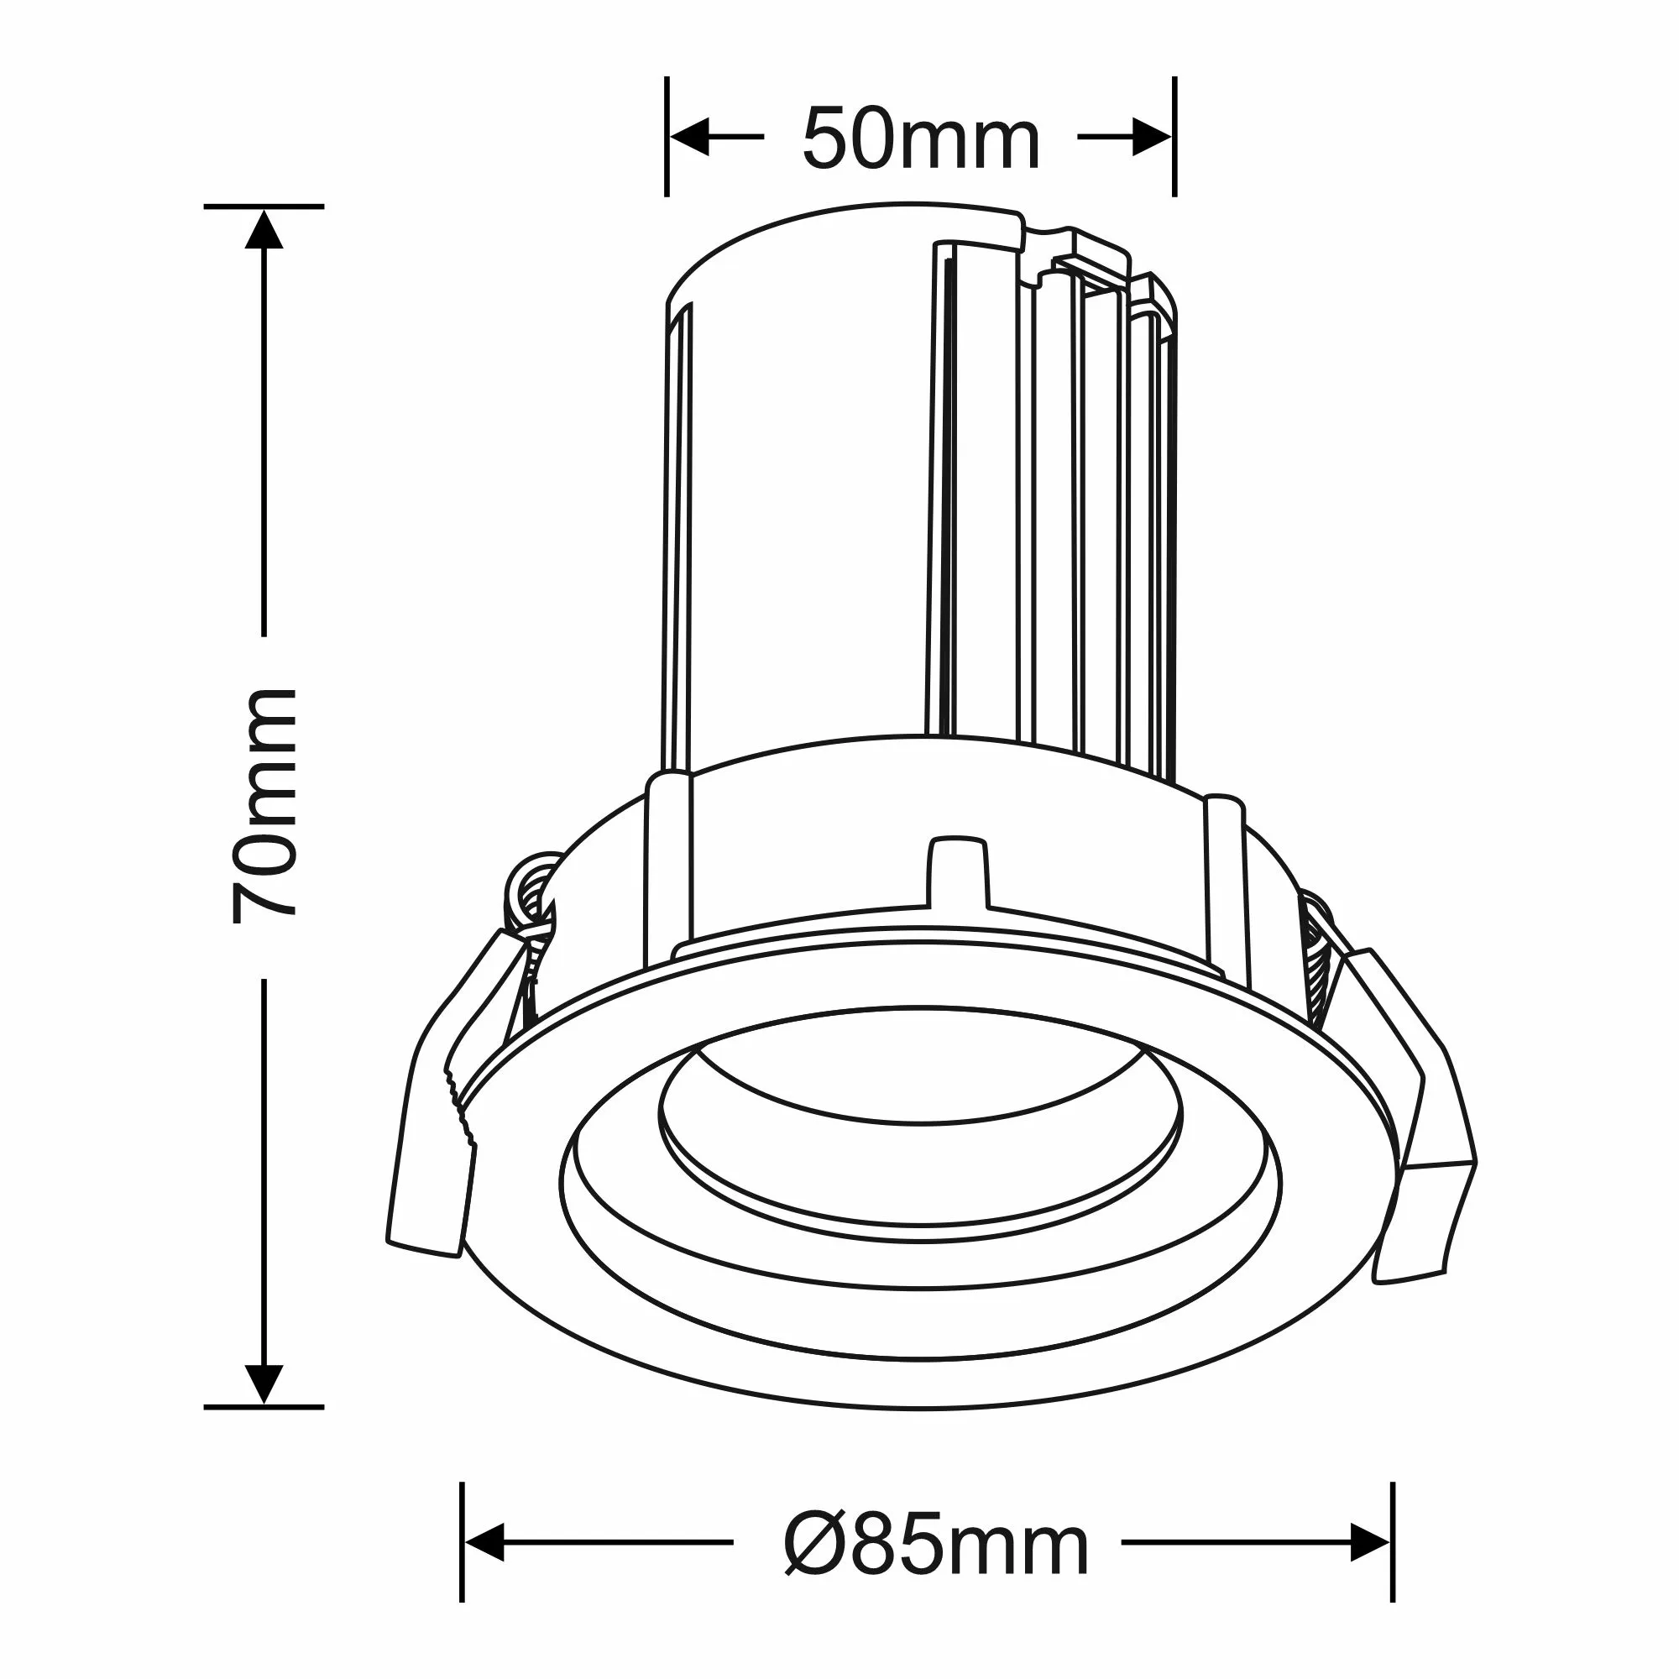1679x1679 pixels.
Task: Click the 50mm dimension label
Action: [920, 139]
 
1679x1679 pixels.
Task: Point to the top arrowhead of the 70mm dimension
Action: [264, 228]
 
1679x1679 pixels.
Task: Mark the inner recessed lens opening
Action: [921, 1130]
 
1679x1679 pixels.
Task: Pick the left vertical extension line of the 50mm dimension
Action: [667, 137]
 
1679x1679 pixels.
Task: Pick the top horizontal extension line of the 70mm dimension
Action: [264, 207]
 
